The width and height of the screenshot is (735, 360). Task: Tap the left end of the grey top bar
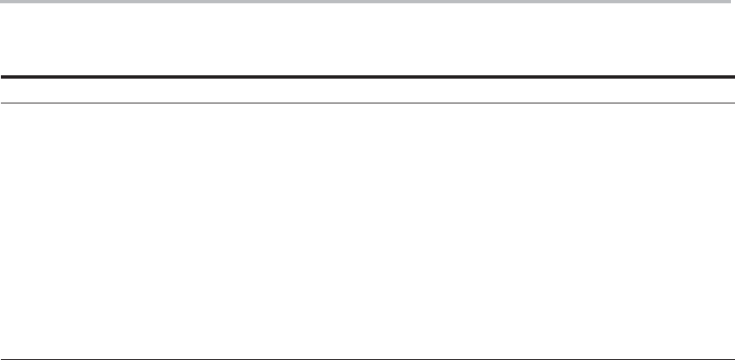tap(2, 2)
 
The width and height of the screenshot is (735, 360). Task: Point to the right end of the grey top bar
tap(733, 2)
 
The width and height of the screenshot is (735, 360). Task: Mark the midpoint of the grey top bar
tap(367, 2)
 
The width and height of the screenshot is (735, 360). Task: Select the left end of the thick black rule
tap(2, 78)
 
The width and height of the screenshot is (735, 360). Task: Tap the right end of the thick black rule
tap(733, 78)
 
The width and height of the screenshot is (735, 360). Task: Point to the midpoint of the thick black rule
tap(367, 78)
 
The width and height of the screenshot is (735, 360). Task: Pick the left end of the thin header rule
tap(2, 103)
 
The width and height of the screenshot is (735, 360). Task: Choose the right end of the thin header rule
tap(733, 103)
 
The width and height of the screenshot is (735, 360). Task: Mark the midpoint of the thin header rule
tap(367, 103)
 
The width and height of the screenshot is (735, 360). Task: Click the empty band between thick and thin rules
tap(367, 90)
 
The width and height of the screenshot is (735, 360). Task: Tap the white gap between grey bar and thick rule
tap(367, 40)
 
